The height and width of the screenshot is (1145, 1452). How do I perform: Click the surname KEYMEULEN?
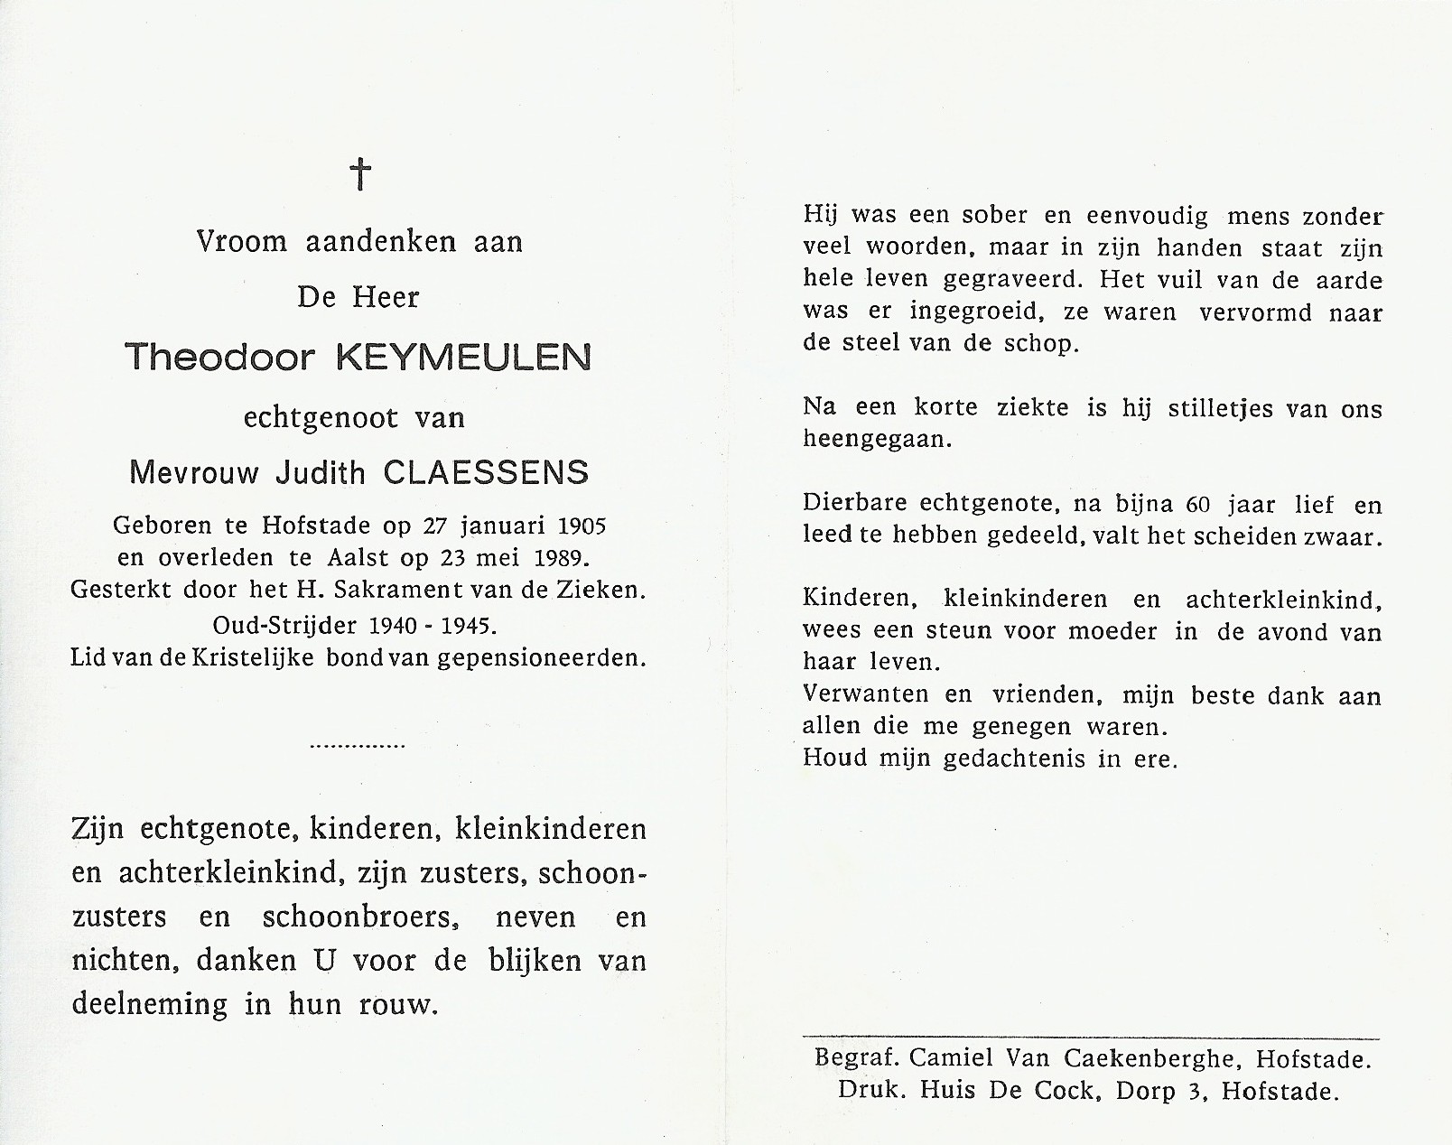pos(463,358)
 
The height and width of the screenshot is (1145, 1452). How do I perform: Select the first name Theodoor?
pos(219,358)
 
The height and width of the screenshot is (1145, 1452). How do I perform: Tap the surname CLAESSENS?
pos(487,472)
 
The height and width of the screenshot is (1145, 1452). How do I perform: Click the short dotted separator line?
pos(358,747)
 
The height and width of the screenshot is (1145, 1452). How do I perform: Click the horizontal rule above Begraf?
pos(1091,1039)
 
